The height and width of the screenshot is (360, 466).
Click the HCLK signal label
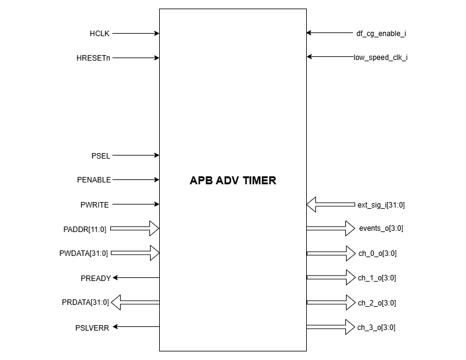pyautogui.click(x=99, y=34)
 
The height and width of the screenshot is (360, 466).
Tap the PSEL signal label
pyautogui.click(x=100, y=156)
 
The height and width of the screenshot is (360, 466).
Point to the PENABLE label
pyautogui.click(x=94, y=180)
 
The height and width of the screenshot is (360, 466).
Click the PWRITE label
pyautogui.click(x=96, y=204)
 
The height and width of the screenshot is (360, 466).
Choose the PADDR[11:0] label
pyautogui.click(x=85, y=229)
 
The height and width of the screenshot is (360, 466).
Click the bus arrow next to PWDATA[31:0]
pyautogui.click(x=135, y=253)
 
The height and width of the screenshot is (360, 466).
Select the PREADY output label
pyautogui.click(x=96, y=278)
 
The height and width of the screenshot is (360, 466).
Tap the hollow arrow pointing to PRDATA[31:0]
pyautogui.click(x=135, y=302)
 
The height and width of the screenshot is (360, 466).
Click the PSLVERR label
pyautogui.click(x=92, y=328)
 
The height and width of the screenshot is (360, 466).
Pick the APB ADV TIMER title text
pyautogui.click(x=233, y=181)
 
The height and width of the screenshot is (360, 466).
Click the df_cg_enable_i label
pyautogui.click(x=381, y=34)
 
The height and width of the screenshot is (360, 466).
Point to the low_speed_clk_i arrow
pyautogui.click(x=329, y=57)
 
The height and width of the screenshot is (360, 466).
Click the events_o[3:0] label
pyautogui.click(x=381, y=228)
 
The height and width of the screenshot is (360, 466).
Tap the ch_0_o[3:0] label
pyautogui.click(x=377, y=253)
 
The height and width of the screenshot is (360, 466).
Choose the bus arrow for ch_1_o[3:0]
pyautogui.click(x=331, y=277)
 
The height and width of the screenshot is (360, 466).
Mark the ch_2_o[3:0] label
pyautogui.click(x=377, y=302)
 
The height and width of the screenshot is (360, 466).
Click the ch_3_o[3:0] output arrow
pyautogui.click(x=331, y=327)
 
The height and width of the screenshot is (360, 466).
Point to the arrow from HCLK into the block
pyautogui.click(x=136, y=34)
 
